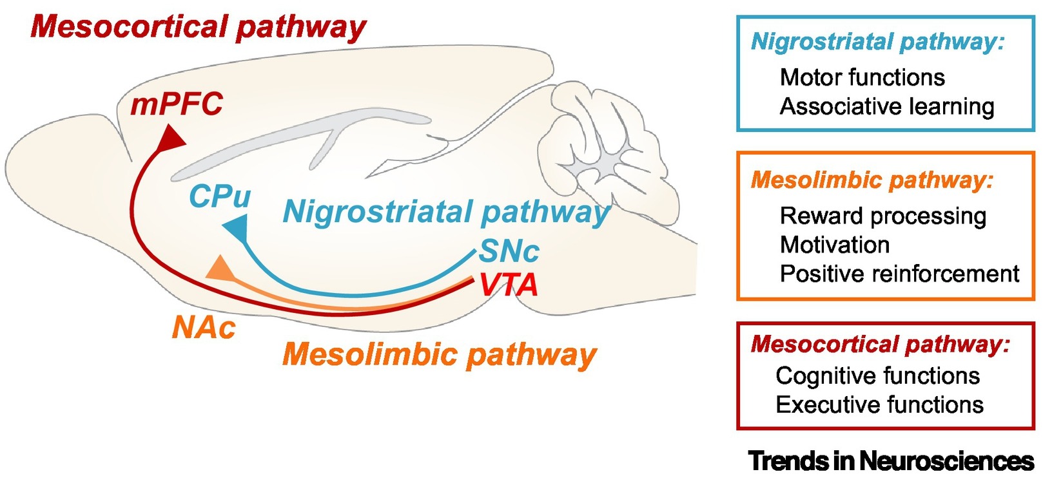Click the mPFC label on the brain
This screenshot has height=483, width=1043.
point(177,104)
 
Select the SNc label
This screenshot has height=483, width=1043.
point(509,251)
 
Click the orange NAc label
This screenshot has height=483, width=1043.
point(204,328)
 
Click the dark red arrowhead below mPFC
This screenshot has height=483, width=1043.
point(171,137)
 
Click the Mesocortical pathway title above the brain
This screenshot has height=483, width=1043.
point(198,27)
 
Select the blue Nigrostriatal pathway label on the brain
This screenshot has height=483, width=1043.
point(446,211)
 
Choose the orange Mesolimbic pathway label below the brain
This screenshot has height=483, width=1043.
point(440,354)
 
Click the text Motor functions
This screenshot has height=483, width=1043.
point(862,77)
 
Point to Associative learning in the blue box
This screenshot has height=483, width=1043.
point(887,106)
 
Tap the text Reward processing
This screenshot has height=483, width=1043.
point(882,216)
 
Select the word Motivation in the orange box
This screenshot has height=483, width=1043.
point(835,245)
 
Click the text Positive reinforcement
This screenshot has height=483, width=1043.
point(899,274)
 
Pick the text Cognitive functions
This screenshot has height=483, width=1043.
point(877,375)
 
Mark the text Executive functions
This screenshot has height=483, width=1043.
point(879,404)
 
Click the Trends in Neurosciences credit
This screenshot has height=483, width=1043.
point(891,461)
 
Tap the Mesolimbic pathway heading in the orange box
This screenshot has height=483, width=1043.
point(872,180)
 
